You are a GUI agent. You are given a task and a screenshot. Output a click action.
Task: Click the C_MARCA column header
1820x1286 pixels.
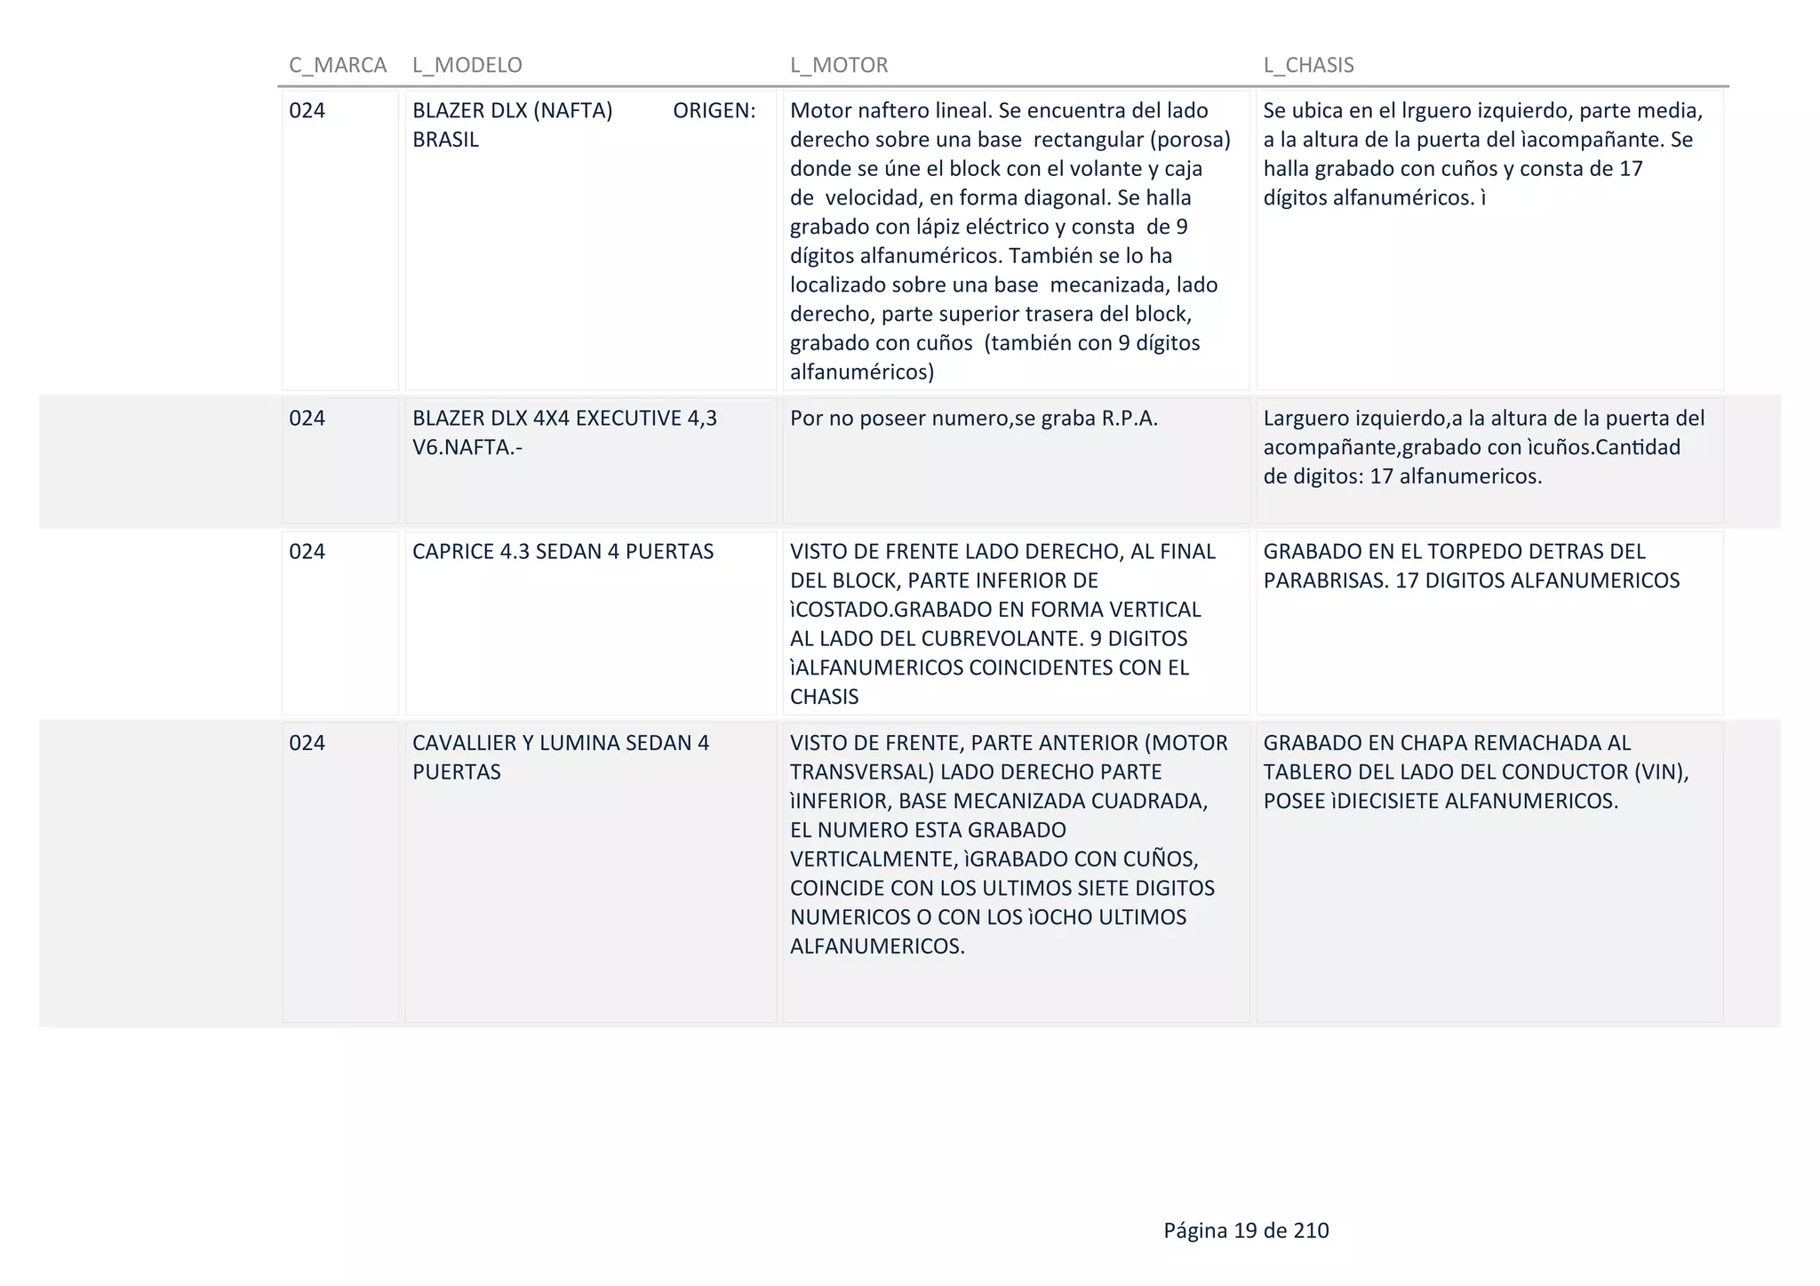point(338,65)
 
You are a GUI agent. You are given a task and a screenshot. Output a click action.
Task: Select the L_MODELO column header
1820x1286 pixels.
point(467,65)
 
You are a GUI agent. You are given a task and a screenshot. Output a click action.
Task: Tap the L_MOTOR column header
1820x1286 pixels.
point(839,65)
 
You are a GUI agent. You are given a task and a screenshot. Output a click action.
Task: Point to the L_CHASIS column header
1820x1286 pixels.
point(1309,65)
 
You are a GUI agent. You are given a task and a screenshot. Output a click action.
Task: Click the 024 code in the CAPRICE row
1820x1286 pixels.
point(307,551)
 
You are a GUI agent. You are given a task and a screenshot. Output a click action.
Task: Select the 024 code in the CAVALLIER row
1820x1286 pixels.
point(307,743)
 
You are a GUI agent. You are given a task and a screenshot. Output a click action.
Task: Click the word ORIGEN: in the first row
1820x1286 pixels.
point(714,111)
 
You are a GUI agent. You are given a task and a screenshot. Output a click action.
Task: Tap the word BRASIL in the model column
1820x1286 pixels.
point(445,140)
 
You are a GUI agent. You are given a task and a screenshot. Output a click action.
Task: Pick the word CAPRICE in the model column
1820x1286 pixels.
point(452,551)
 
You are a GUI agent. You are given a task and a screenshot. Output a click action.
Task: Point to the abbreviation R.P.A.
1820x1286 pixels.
point(1130,419)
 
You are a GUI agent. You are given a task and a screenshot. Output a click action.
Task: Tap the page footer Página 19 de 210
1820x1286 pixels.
point(1246,1230)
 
